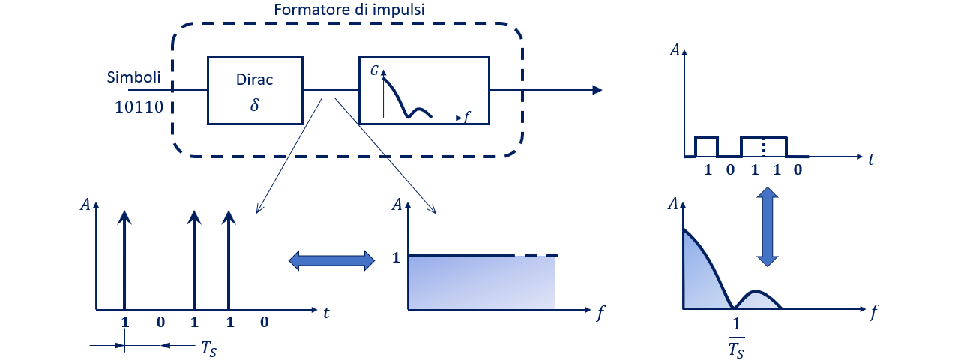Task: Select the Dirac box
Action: pyautogui.click(x=254, y=89)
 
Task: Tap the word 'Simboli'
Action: pyautogui.click(x=133, y=77)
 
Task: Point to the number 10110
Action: pyautogui.click(x=139, y=106)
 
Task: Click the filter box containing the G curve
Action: pyautogui.click(x=424, y=89)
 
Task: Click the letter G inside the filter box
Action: pyautogui.click(x=375, y=70)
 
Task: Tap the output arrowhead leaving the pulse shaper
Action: pyautogui.click(x=597, y=90)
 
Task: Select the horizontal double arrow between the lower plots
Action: pyautogui.click(x=331, y=260)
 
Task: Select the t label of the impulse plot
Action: pyautogui.click(x=326, y=314)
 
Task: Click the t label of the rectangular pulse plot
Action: pyautogui.click(x=872, y=160)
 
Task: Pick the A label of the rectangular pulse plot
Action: pyautogui.click(x=675, y=51)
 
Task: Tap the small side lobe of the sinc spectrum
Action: pyautogui.click(x=759, y=298)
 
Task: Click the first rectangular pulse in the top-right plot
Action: pyautogui.click(x=706, y=145)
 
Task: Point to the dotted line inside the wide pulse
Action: pyautogui.click(x=764, y=145)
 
